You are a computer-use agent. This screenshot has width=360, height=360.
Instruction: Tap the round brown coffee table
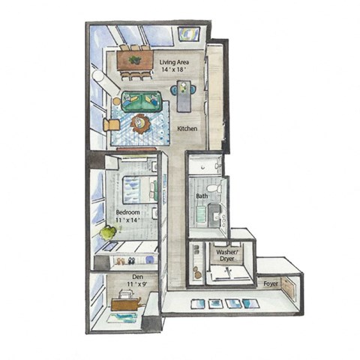[140, 123]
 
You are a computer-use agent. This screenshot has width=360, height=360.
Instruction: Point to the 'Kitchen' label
[187, 129]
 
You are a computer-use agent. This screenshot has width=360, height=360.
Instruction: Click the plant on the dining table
[135, 59]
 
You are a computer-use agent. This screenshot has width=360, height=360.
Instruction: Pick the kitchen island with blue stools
[184, 96]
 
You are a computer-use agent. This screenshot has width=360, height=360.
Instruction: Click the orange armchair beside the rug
[111, 124]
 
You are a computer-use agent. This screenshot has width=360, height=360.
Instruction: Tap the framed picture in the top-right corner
[189, 34]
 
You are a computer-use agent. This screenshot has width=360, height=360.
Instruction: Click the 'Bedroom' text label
[128, 213]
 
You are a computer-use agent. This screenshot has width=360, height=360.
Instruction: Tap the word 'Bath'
[202, 196]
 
